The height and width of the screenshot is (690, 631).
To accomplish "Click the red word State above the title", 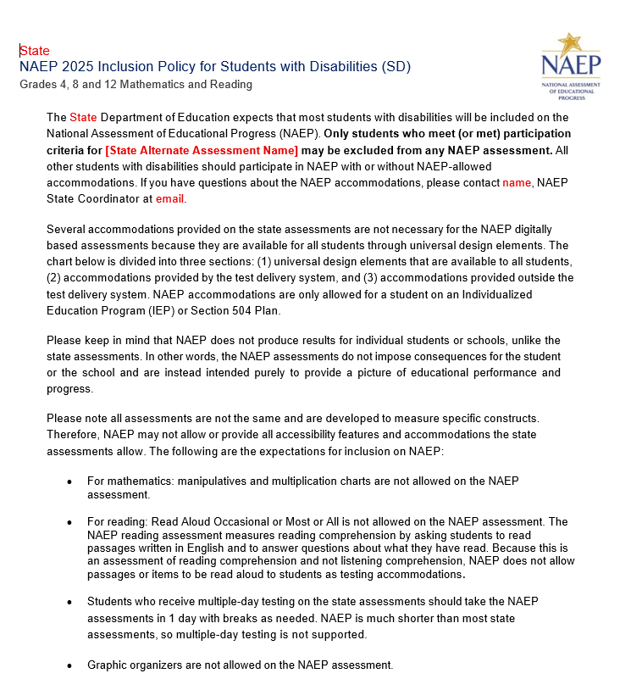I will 35,51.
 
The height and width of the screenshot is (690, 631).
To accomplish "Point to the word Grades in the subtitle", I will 39,85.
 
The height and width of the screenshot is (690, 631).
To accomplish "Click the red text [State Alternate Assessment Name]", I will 202,150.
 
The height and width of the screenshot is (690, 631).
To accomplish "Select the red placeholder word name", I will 517,182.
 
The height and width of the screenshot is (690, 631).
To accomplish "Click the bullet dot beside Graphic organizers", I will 69,666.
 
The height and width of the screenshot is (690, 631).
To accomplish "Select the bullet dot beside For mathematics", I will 69,481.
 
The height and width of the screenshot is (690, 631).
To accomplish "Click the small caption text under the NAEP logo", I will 572,92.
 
